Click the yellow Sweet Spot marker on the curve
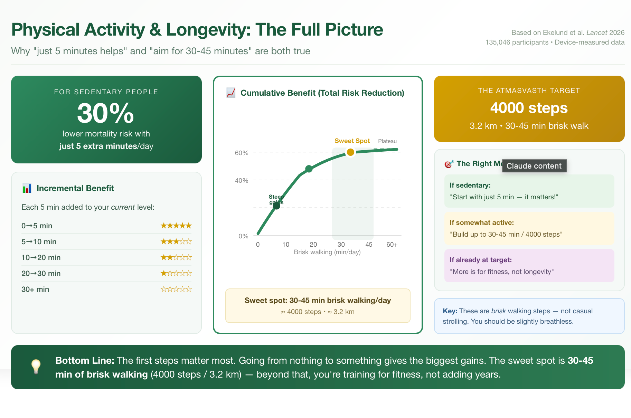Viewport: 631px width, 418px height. [350, 152]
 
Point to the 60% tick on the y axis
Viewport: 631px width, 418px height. [242, 153]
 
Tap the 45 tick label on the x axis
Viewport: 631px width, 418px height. [369, 245]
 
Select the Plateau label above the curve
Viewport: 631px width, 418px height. [387, 141]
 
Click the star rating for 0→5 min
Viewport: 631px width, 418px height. [176, 226]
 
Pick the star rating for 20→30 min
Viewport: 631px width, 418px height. [176, 274]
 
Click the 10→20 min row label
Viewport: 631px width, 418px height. [41, 258]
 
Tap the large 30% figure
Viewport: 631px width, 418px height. [105, 113]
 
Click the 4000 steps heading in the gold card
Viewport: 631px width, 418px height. [529, 108]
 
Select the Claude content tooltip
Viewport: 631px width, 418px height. [534, 166]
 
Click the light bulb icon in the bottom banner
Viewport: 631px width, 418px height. [36, 366]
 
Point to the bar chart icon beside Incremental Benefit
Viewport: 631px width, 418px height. [27, 188]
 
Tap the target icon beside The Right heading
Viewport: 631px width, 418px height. [449, 164]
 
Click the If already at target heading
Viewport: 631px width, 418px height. [480, 260]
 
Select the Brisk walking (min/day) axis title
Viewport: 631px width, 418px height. [327, 252]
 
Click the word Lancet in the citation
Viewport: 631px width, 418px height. [596, 32]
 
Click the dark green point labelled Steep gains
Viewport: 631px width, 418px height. [276, 206]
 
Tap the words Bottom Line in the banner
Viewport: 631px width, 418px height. [85, 361]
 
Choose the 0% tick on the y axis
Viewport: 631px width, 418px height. [243, 236]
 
